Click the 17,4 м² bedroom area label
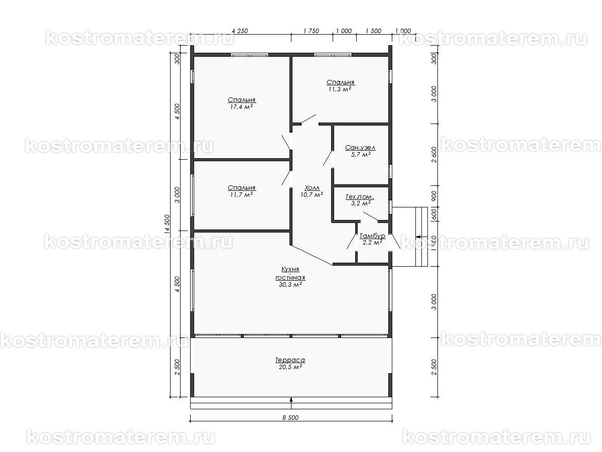241,107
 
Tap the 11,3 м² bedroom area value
340,89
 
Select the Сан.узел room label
360,148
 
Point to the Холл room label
312,188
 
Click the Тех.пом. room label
360,197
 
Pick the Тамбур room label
372,236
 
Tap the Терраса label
290,360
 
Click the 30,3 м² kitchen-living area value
290,285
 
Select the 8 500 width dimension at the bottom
290,417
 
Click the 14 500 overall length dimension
167,224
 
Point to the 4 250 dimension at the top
240,31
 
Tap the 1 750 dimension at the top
312,31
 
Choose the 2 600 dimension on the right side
434,155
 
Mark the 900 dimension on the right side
434,196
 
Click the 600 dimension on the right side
434,214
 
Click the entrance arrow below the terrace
291,400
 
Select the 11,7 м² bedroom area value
241,194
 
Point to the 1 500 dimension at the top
373,31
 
